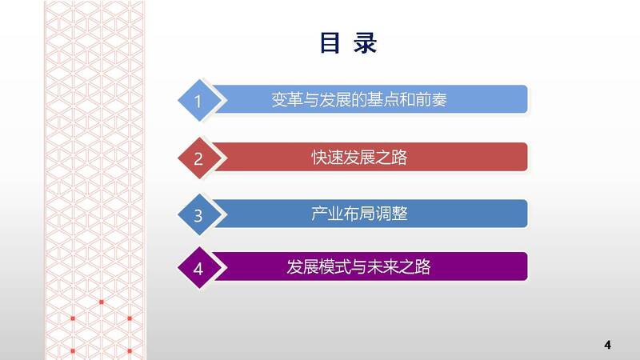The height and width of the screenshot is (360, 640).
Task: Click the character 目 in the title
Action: [x=330, y=43]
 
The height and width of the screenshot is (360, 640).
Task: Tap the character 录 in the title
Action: [x=365, y=43]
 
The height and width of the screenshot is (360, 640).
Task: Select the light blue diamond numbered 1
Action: [x=199, y=101]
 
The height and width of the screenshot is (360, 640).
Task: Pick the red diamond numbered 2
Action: [x=199, y=158]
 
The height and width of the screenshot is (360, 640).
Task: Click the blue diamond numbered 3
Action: [x=199, y=214]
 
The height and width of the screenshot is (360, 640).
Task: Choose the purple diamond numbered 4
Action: [x=199, y=268]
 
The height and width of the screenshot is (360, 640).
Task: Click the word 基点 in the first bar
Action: [x=382, y=99]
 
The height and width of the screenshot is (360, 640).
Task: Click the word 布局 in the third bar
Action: [x=358, y=214]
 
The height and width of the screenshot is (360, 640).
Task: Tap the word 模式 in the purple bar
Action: [x=334, y=267]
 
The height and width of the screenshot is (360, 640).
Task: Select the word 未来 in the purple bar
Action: [x=382, y=267]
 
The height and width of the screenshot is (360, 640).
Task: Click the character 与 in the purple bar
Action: [x=358, y=267]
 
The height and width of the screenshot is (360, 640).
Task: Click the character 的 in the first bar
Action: [x=358, y=99]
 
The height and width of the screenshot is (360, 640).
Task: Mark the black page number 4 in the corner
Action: [x=608, y=345]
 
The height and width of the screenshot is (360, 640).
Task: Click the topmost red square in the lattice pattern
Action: [x=102, y=302]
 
